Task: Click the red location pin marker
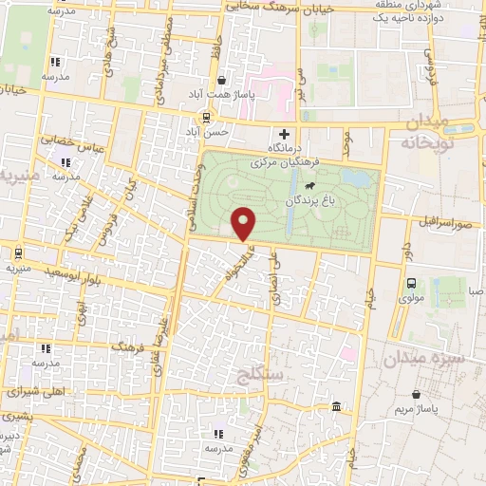click(244, 222)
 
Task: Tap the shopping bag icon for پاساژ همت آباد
click(220, 81)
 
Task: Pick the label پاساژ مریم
click(416, 410)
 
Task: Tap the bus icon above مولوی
click(411, 282)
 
